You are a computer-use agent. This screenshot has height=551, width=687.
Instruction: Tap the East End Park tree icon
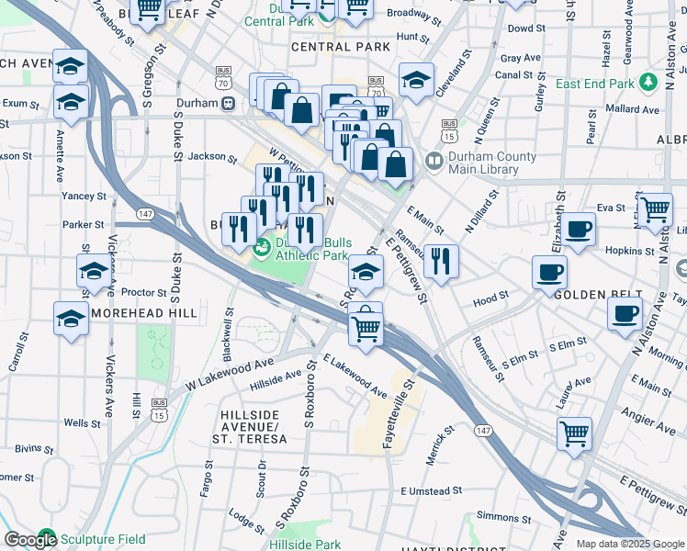click(649, 83)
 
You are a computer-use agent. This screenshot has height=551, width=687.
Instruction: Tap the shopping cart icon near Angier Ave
click(574, 433)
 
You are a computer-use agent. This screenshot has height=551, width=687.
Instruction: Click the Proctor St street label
click(143, 292)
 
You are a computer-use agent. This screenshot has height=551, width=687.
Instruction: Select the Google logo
click(29, 540)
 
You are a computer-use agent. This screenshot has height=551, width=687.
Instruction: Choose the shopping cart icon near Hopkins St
click(655, 209)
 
